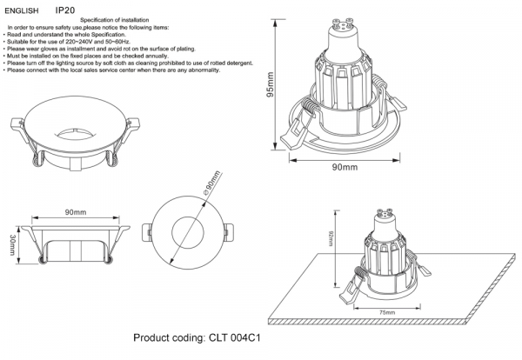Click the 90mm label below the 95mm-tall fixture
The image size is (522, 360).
coord(345,166)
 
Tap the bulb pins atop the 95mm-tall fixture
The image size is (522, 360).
coord(344,13)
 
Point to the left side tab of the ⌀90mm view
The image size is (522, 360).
coord(145,234)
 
